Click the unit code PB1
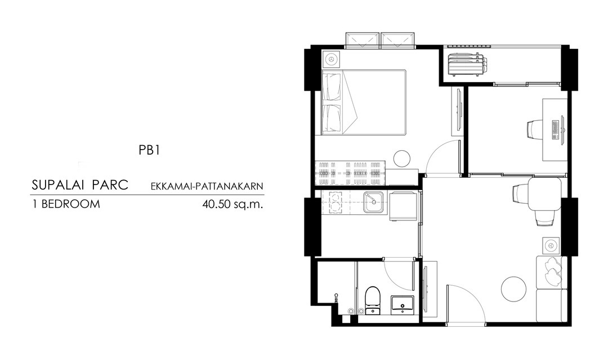tap(149, 150)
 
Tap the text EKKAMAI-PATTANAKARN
tap(207, 187)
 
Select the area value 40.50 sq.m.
tap(233, 204)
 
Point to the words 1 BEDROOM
tap(66, 204)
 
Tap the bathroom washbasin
tap(402, 303)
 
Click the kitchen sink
tap(373, 202)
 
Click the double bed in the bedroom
tap(364, 102)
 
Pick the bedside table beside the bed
tap(331, 60)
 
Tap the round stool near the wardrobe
tap(402, 159)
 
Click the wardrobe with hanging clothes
tap(350, 173)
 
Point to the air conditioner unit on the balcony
tap(467, 64)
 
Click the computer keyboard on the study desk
tap(555, 130)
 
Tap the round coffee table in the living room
tap(514, 289)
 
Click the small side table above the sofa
tap(551, 245)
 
